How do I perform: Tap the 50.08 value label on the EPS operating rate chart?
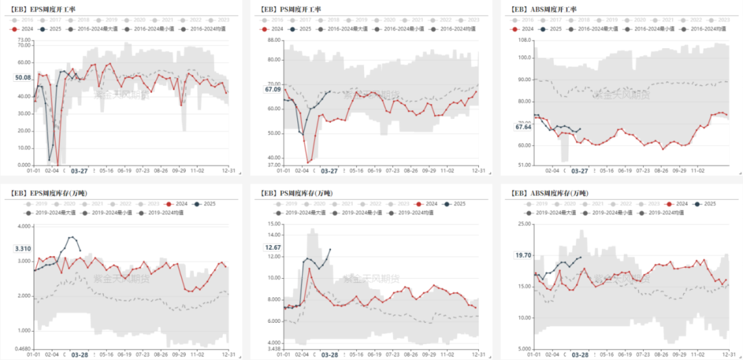click(x=23, y=78)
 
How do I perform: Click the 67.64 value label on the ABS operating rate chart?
click(x=524, y=127)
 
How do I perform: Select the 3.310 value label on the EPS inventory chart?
click(x=23, y=248)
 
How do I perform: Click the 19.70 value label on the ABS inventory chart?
click(x=524, y=255)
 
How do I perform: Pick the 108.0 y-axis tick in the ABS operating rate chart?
click(x=525, y=40)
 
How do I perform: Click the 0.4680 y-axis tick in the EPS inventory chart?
click(x=22, y=348)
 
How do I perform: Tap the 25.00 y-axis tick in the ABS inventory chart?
click(x=524, y=224)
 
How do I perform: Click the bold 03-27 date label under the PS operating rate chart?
click(x=329, y=171)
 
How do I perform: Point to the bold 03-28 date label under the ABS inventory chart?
click(x=580, y=355)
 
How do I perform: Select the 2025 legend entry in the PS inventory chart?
click(x=455, y=204)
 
